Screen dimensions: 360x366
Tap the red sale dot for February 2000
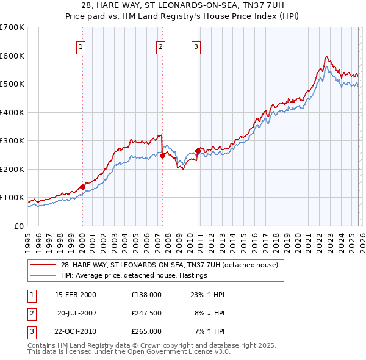click(82, 187)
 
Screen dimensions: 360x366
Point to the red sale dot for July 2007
click(162, 156)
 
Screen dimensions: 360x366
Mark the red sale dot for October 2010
click(198, 151)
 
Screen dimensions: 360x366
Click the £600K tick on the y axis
click(12, 56)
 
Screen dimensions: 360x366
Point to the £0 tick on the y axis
click(18, 226)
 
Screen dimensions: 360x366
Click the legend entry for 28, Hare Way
click(169, 265)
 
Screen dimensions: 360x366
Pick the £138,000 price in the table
click(146, 295)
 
